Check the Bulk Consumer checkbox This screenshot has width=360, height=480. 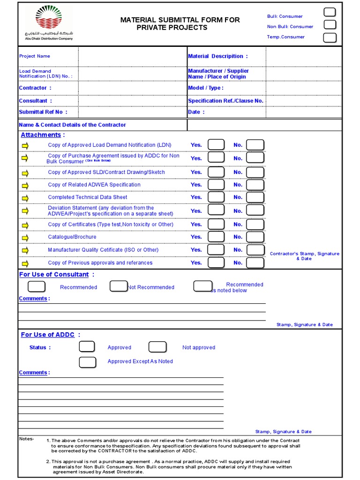(330, 13)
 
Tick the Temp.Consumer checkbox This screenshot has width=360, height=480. (330, 37)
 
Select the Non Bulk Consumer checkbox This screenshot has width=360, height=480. (330, 25)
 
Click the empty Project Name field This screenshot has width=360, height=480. (132, 57)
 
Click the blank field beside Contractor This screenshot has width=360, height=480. (132, 88)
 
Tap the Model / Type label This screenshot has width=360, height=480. (205, 88)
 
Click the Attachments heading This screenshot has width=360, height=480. (41, 135)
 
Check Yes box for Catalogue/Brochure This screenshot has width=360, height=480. (216, 237)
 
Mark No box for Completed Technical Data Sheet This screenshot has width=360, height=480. (255, 197)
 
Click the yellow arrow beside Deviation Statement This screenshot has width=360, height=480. (25, 211)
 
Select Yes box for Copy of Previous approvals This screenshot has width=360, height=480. (216, 263)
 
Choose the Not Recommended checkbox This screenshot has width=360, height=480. (119, 286)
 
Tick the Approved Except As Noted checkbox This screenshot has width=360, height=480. (87, 362)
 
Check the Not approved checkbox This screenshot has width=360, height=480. (157, 347)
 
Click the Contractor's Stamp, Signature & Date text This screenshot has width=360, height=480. (304, 256)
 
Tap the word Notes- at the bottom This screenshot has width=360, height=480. (26, 439)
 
